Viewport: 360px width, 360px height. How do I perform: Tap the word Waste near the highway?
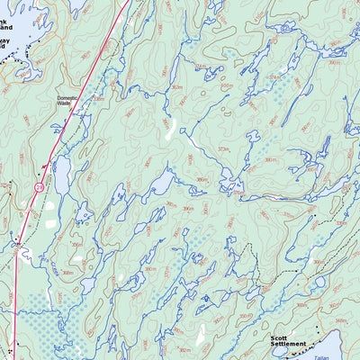tap(64, 103)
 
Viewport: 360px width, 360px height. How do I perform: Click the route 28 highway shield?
tap(39, 186)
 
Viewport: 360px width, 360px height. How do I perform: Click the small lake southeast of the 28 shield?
tap(83, 213)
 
